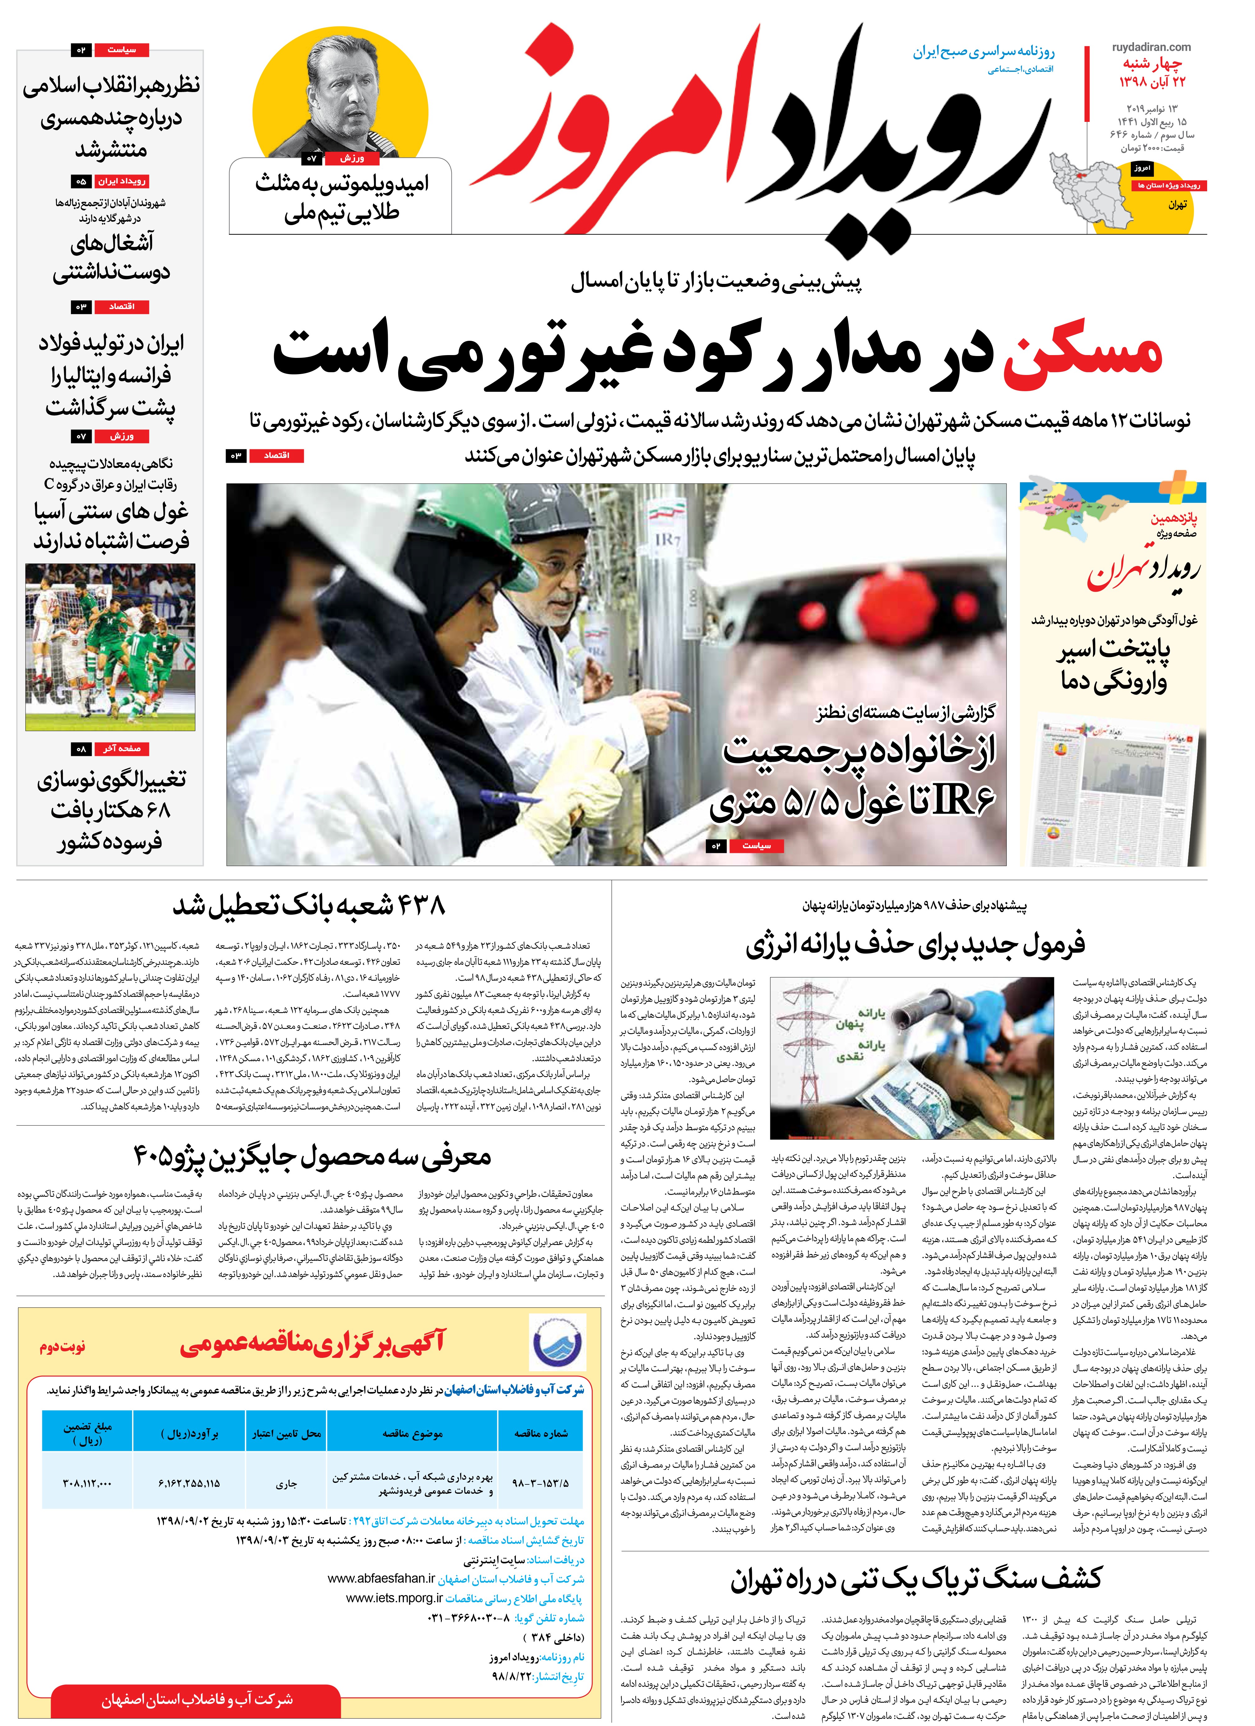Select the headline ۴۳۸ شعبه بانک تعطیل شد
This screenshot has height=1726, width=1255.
(308, 906)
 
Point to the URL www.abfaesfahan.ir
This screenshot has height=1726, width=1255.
(381, 1579)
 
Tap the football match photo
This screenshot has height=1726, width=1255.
(110, 647)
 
